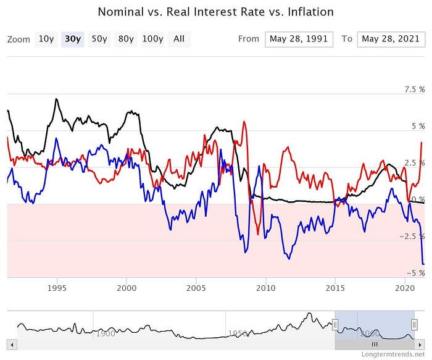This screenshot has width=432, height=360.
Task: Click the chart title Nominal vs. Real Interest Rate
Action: [216, 12]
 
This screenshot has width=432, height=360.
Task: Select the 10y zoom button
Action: [46, 39]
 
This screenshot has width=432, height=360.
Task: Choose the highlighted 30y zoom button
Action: [73, 39]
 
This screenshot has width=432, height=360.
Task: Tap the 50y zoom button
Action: [99, 39]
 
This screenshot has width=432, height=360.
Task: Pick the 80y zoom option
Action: [126, 39]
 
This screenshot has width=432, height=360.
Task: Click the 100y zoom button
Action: [152, 39]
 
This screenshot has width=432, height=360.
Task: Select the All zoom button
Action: [179, 39]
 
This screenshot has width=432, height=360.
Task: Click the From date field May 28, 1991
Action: [299, 39]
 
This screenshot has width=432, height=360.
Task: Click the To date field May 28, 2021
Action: [390, 39]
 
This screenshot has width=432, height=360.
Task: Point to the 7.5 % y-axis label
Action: [414, 90]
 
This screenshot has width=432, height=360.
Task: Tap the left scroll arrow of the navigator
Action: [11, 343]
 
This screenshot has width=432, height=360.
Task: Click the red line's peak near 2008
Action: [245, 122]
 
